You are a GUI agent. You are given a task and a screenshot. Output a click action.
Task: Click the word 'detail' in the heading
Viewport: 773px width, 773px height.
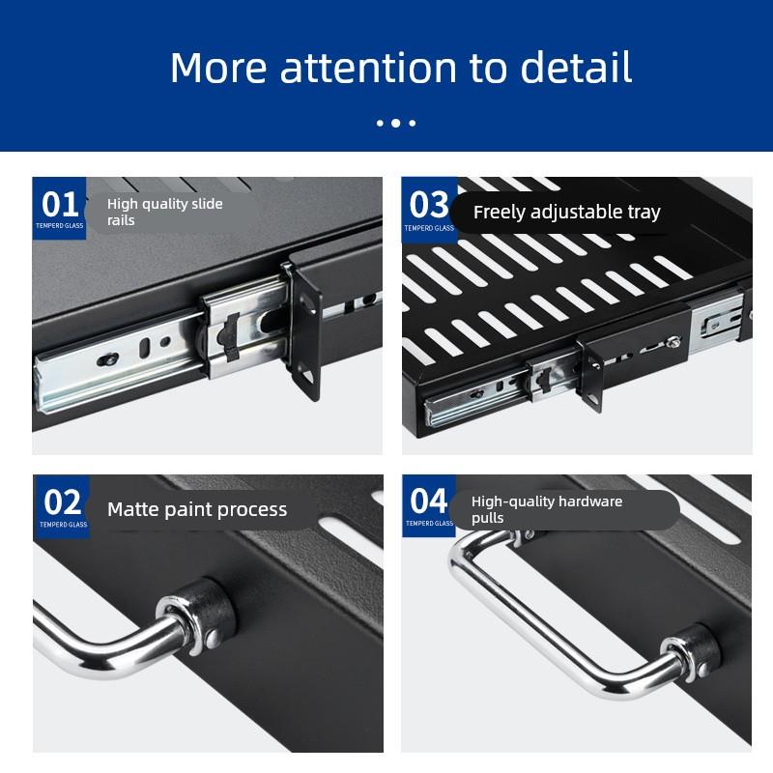576,67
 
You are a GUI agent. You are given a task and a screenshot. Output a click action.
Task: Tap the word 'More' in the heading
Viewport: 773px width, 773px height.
217,68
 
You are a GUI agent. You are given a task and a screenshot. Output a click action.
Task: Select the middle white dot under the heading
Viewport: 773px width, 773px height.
396,124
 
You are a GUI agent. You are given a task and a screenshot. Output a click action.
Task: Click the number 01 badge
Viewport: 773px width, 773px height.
59,208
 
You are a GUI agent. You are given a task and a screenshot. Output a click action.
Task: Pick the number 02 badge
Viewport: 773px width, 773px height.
62,506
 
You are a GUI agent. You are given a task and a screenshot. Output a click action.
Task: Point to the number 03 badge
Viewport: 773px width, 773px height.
429,210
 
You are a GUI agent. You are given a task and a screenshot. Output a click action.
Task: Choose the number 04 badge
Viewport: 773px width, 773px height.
429,505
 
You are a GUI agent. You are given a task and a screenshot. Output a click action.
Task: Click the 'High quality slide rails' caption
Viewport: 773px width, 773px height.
165,212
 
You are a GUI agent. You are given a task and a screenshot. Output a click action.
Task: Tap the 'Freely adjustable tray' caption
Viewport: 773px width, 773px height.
567,212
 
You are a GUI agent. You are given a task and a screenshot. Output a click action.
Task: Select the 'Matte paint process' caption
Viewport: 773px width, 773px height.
197,509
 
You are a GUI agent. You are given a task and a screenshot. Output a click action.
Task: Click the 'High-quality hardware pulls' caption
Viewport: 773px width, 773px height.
547,509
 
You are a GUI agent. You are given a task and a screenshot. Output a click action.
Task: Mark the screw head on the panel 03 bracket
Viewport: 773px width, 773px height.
672,340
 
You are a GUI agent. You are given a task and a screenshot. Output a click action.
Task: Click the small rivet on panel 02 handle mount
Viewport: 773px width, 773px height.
213,639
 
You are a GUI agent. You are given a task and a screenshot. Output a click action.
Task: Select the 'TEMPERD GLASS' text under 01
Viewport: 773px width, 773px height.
60,226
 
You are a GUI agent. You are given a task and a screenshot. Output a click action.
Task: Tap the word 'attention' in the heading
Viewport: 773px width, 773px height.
368,68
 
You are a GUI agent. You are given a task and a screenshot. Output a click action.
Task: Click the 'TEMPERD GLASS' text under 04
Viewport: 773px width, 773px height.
429,523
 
